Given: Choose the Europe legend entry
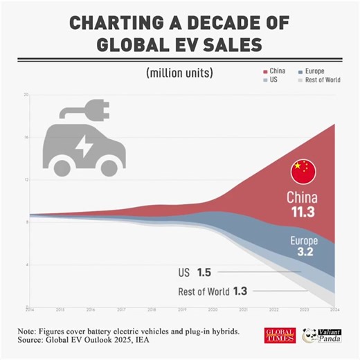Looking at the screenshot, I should coord(314,71).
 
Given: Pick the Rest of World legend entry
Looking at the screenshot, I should coord(319,81).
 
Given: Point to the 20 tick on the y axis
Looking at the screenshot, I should coord(25,94).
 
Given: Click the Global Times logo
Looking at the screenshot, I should coord(280,335).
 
